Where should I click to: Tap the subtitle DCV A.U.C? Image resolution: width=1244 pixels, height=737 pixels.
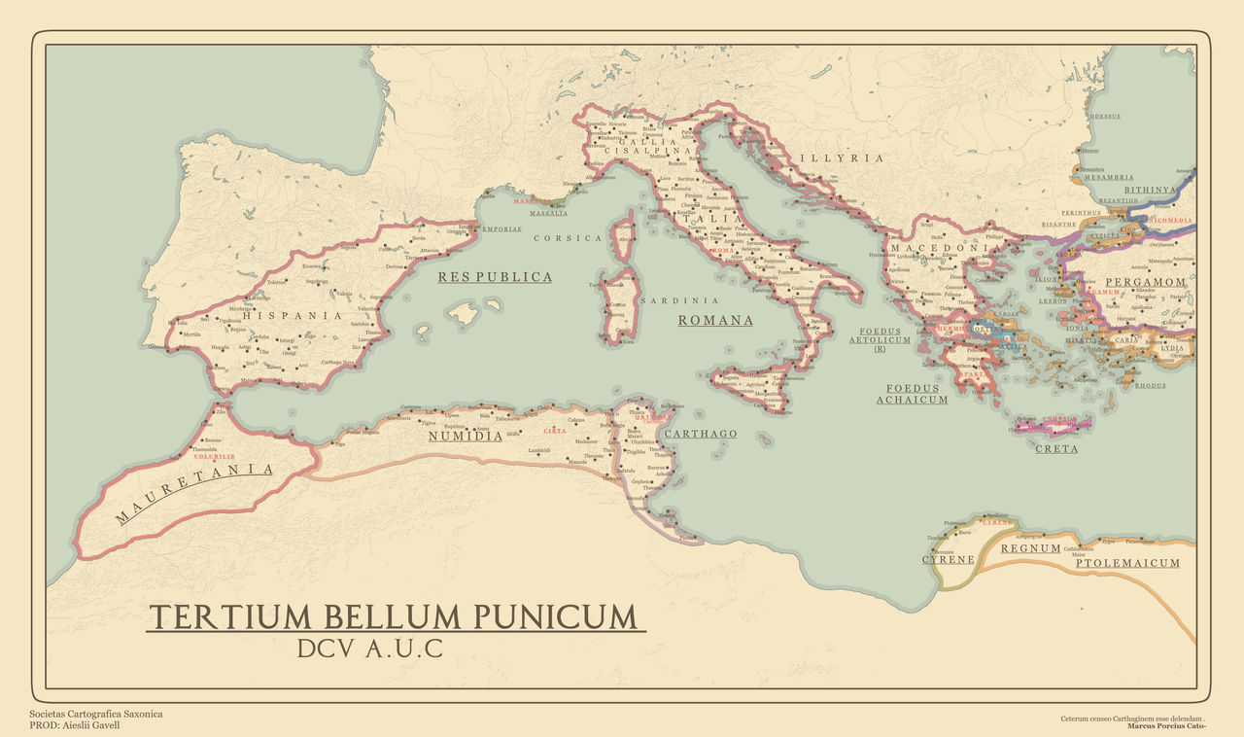(x=370, y=649)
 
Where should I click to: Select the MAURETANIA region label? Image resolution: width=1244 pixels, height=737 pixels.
(x=194, y=493)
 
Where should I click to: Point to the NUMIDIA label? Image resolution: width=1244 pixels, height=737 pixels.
(x=466, y=437)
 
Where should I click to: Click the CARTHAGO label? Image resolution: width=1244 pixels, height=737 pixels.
(x=702, y=434)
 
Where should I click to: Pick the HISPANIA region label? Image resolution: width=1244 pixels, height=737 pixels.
(x=293, y=315)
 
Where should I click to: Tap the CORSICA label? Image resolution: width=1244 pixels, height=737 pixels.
(x=568, y=238)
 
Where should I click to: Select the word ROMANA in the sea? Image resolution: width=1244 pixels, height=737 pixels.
(x=715, y=320)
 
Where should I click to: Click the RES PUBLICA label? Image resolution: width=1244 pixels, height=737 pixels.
(x=495, y=277)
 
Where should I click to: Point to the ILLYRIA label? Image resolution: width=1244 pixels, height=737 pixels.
(x=842, y=158)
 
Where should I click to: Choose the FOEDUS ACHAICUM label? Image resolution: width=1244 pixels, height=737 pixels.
(x=912, y=394)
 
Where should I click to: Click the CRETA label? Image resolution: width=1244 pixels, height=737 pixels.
(x=1056, y=449)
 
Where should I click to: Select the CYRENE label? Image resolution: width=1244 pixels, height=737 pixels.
(x=948, y=560)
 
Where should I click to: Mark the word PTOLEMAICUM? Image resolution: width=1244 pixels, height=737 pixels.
(x=1127, y=563)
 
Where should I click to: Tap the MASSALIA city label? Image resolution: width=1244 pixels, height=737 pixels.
(x=549, y=213)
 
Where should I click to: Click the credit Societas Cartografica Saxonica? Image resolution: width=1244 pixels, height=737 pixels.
(x=96, y=714)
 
